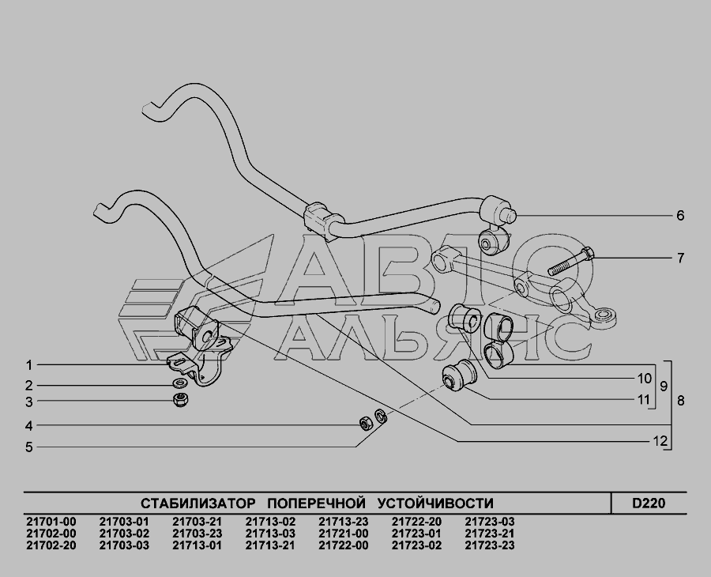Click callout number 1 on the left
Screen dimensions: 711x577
coord(29,365)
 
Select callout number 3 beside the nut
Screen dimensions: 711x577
coord(29,402)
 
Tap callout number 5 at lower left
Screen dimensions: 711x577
coord(29,447)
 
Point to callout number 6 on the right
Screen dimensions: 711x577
coord(680,215)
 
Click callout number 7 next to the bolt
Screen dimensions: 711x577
coord(680,258)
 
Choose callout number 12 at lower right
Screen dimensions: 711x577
coord(660,440)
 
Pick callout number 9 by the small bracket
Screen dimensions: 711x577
coord(664,387)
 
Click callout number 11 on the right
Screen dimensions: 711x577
coord(644,400)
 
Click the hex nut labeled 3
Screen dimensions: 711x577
coord(181,400)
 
